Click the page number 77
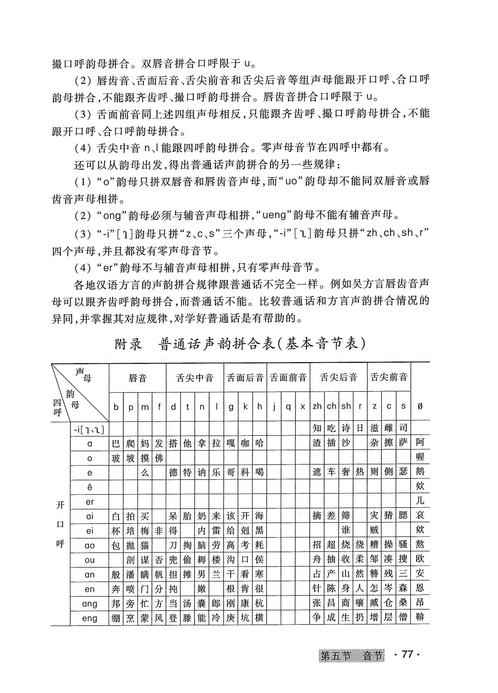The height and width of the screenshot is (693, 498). pos(407,655)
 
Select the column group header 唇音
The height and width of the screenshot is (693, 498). pos(137,378)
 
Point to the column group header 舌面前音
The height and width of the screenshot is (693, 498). pos(288,378)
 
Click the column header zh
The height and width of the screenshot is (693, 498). pos(317,406)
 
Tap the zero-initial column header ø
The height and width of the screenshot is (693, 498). pos(420,406)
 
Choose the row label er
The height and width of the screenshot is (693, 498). pos(90,502)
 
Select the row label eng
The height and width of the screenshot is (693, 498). pos(90,618)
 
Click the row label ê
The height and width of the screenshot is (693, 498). pos(90,487)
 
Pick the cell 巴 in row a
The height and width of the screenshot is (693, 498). pos(116,443)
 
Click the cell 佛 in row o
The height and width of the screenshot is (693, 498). pos(159,458)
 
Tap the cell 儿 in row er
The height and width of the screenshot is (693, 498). pos(420,501)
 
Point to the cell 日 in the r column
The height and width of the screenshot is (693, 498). pos(360,428)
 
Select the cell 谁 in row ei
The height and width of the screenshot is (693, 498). pos(345,530)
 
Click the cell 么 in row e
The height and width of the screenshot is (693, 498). pos(144,472)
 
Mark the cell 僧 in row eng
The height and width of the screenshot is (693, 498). pos(403,618)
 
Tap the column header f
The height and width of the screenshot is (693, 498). pos(159,406)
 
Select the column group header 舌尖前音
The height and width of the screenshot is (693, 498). pos(389,378)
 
